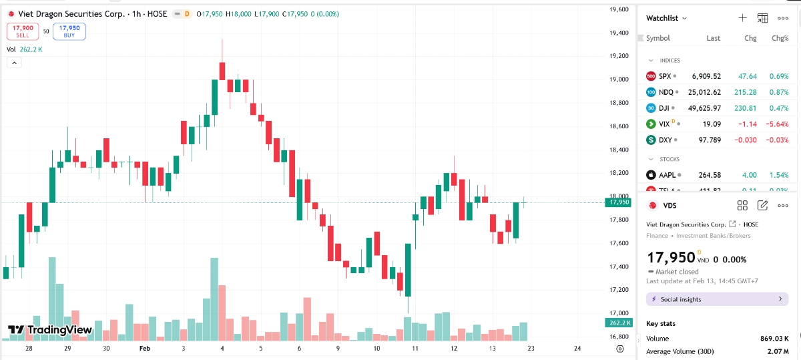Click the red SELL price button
(23, 31)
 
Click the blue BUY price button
(69, 31)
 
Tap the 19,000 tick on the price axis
(619, 79)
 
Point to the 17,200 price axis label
(619, 290)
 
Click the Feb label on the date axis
(144, 349)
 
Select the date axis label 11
(415, 349)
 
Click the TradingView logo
(50, 330)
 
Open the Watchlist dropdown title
(666, 18)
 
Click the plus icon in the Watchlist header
(742, 18)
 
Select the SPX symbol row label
(664, 76)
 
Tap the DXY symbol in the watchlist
(665, 140)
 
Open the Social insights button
(717, 299)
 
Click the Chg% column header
(780, 38)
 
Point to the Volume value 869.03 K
(774, 339)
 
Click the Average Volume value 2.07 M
(779, 351)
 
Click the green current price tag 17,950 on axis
(619, 202)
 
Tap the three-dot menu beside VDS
(783, 206)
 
